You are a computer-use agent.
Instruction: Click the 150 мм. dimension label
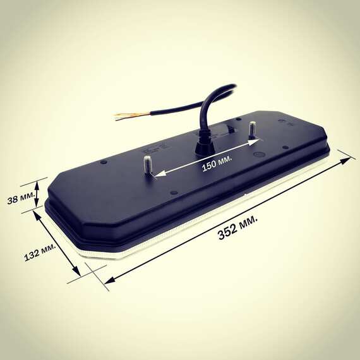click(x=217, y=162)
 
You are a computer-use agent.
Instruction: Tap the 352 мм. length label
click(x=237, y=227)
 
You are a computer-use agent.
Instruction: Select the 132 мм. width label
click(x=40, y=253)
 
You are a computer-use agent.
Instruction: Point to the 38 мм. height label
click(x=21, y=198)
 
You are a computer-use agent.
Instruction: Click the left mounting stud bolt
click(x=147, y=165)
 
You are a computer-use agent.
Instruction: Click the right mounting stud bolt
click(x=253, y=129)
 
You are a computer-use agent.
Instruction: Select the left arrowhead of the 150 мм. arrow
click(x=160, y=174)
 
